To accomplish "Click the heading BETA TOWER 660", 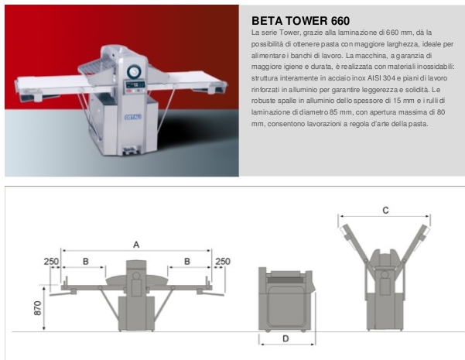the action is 300,21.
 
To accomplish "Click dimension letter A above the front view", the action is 136,245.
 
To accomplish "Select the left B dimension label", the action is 85,262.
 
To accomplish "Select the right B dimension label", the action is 187,262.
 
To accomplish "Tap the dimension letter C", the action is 385,211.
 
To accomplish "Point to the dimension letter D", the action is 285,338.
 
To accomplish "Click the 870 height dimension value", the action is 38,308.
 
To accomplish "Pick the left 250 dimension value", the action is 51,262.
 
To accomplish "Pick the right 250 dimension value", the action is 223,262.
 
